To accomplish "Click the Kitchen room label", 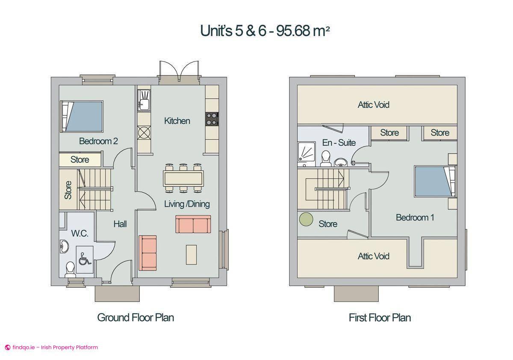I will pos(177,121).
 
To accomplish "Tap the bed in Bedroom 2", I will pos(82,116).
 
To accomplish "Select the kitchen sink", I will pos(144,100).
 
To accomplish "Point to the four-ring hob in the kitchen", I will pos(212,119).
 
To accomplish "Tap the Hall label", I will pos(120,224).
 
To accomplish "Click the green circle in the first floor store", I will pos(306,219).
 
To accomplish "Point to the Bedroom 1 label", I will pos(415,218).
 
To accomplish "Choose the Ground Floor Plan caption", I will pos(136,318).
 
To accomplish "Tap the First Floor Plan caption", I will pos(380,318).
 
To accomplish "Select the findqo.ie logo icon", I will pos(7,348).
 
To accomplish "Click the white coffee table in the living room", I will pos(191,254).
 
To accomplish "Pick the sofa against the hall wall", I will pos(148,253).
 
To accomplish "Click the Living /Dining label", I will pos(187,204).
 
